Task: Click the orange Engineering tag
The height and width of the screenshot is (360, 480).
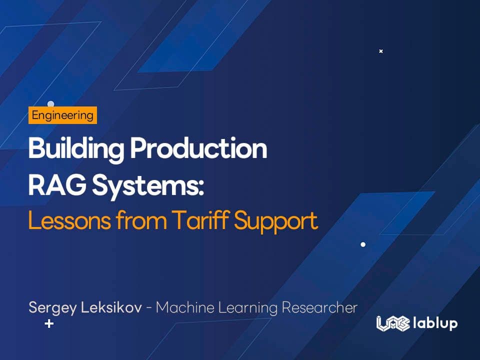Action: point(62,115)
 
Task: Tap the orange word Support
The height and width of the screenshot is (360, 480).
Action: point(276,221)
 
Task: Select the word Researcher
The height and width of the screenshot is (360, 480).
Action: point(319,307)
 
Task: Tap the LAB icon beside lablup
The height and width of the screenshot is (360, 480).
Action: point(393,323)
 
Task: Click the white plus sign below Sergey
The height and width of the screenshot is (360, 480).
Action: point(49,323)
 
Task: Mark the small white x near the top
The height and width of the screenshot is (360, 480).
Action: point(380,51)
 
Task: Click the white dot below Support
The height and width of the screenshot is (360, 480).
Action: point(363,244)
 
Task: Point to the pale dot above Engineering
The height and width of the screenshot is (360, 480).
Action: point(50,104)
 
